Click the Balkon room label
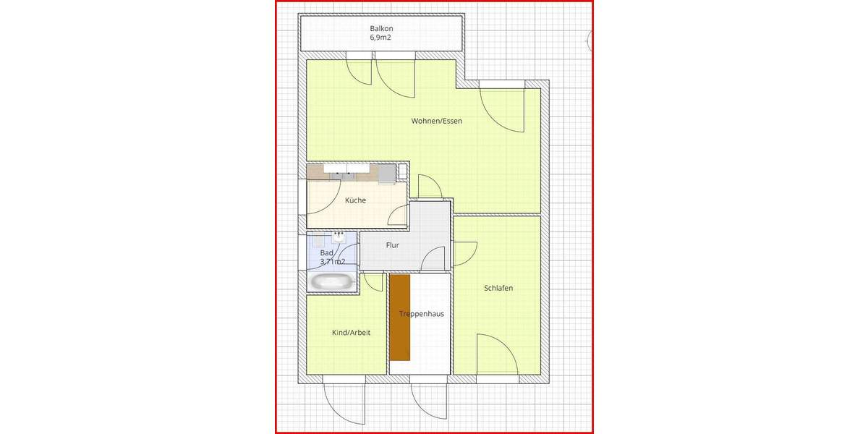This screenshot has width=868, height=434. click(x=381, y=28)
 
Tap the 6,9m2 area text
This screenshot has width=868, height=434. click(x=381, y=37)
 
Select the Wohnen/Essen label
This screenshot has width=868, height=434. click(x=436, y=121)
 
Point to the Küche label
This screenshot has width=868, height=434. click(x=355, y=200)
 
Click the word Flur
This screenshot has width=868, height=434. click(x=393, y=245)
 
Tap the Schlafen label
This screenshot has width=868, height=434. click(x=498, y=288)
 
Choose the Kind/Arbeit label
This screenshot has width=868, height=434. click(x=351, y=333)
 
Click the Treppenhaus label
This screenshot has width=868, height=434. click(x=422, y=314)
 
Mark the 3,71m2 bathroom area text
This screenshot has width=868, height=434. click(x=332, y=262)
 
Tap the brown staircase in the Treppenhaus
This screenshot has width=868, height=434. click(x=400, y=317)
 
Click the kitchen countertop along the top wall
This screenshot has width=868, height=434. click(x=351, y=172)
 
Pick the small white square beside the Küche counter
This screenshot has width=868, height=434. click(x=403, y=171)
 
